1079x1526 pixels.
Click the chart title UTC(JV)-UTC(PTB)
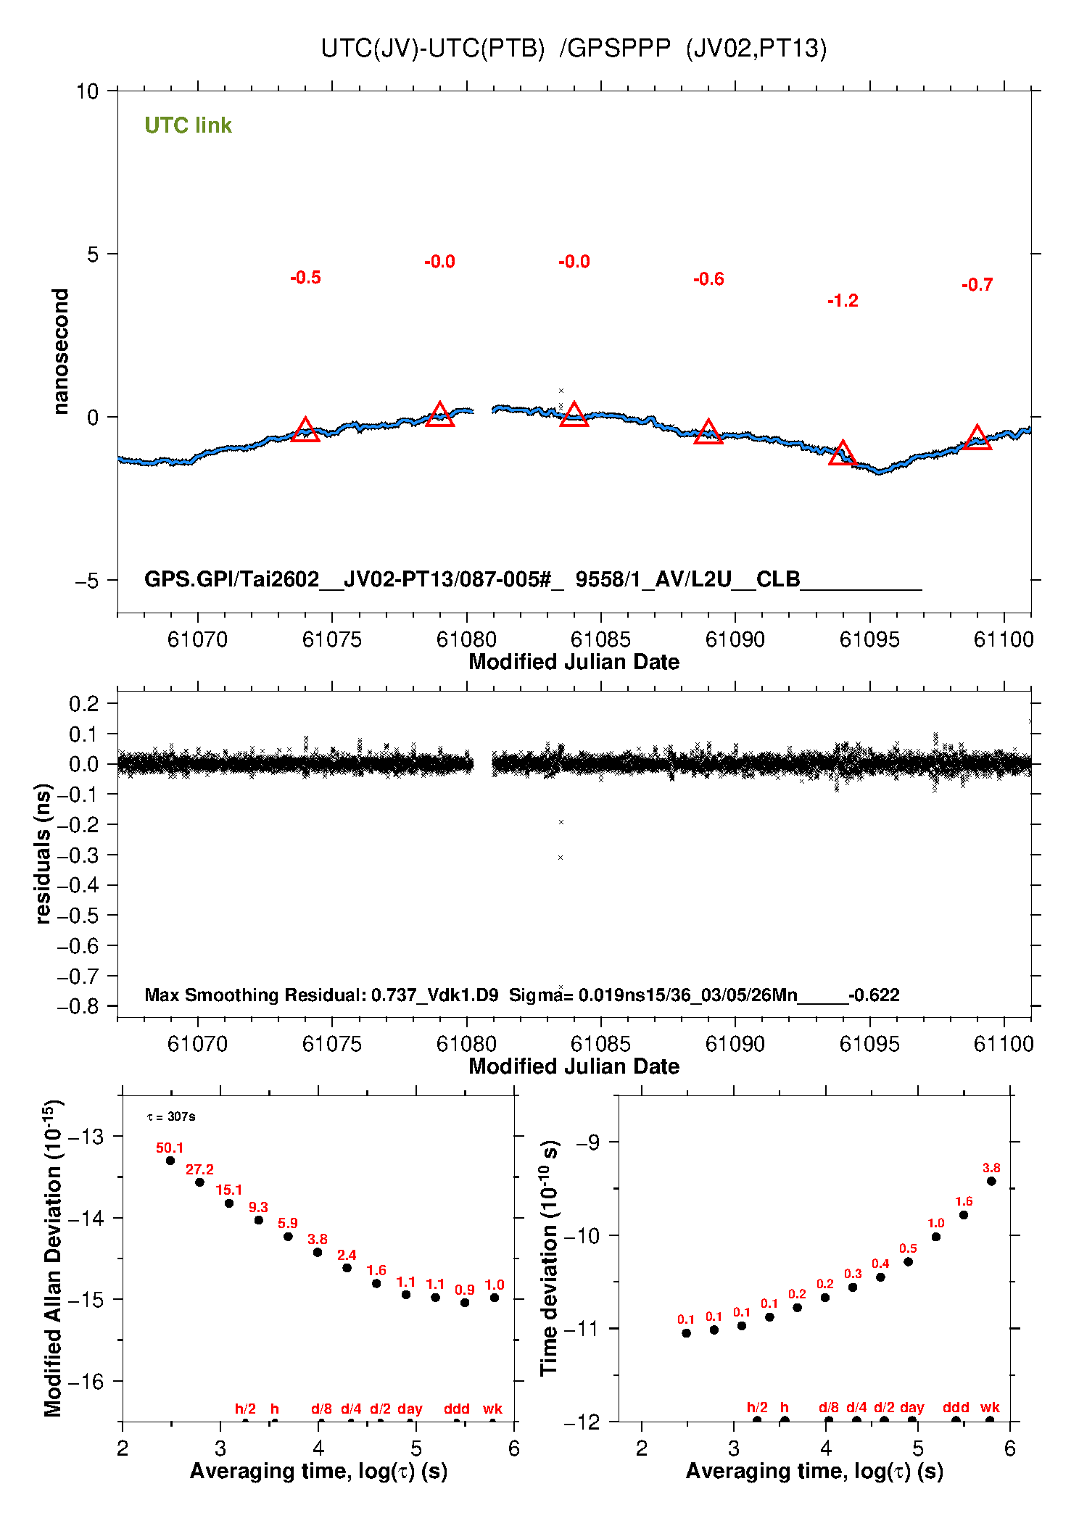click(432, 49)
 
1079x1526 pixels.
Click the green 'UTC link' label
click(188, 125)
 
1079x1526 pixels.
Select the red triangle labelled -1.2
click(842, 454)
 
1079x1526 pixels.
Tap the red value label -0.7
click(977, 285)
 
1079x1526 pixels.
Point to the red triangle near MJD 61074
click(305, 431)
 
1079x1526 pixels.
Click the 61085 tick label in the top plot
click(600, 639)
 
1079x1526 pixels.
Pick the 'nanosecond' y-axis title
click(61, 352)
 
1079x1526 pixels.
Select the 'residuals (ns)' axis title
click(44, 853)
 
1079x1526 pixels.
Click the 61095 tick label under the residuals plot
click(869, 1044)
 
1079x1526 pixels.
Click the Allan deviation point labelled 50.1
click(170, 1161)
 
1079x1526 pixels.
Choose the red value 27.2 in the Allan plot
click(199, 1169)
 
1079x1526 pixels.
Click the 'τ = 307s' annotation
click(171, 1116)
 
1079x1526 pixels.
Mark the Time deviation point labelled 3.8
click(991, 1181)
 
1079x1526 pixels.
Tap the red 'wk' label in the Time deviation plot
click(990, 1407)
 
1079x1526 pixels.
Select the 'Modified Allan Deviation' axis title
click(53, 1258)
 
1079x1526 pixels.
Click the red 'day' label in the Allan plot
click(410, 1409)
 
